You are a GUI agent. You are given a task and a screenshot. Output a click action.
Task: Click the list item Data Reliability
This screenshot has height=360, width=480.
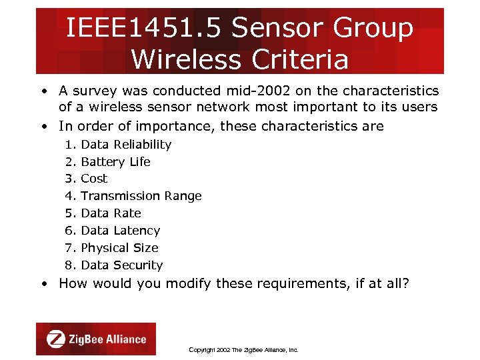coord(126,144)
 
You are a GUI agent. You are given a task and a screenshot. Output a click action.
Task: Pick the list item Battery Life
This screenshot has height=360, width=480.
coord(115,161)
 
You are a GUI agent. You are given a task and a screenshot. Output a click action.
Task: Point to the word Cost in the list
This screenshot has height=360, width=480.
coord(94,179)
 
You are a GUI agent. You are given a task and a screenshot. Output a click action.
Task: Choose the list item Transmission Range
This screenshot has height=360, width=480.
coord(141,196)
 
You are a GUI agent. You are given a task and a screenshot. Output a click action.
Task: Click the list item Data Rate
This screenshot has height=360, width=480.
coord(111,213)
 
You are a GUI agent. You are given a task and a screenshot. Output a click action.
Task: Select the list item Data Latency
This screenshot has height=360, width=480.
coord(120,231)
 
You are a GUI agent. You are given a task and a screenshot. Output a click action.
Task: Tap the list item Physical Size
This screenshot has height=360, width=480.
coord(119,248)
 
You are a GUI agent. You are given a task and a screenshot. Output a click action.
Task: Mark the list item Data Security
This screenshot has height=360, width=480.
coord(121,265)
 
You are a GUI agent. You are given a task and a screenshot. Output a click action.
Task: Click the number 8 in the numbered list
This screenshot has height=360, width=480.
coord(69,265)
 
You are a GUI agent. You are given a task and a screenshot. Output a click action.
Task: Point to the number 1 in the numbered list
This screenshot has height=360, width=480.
coord(69,144)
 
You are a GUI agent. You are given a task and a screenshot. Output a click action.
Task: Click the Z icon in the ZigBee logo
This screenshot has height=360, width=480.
coord(56,339)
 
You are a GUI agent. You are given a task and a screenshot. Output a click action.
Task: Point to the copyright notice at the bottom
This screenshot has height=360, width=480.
coord(243,349)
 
